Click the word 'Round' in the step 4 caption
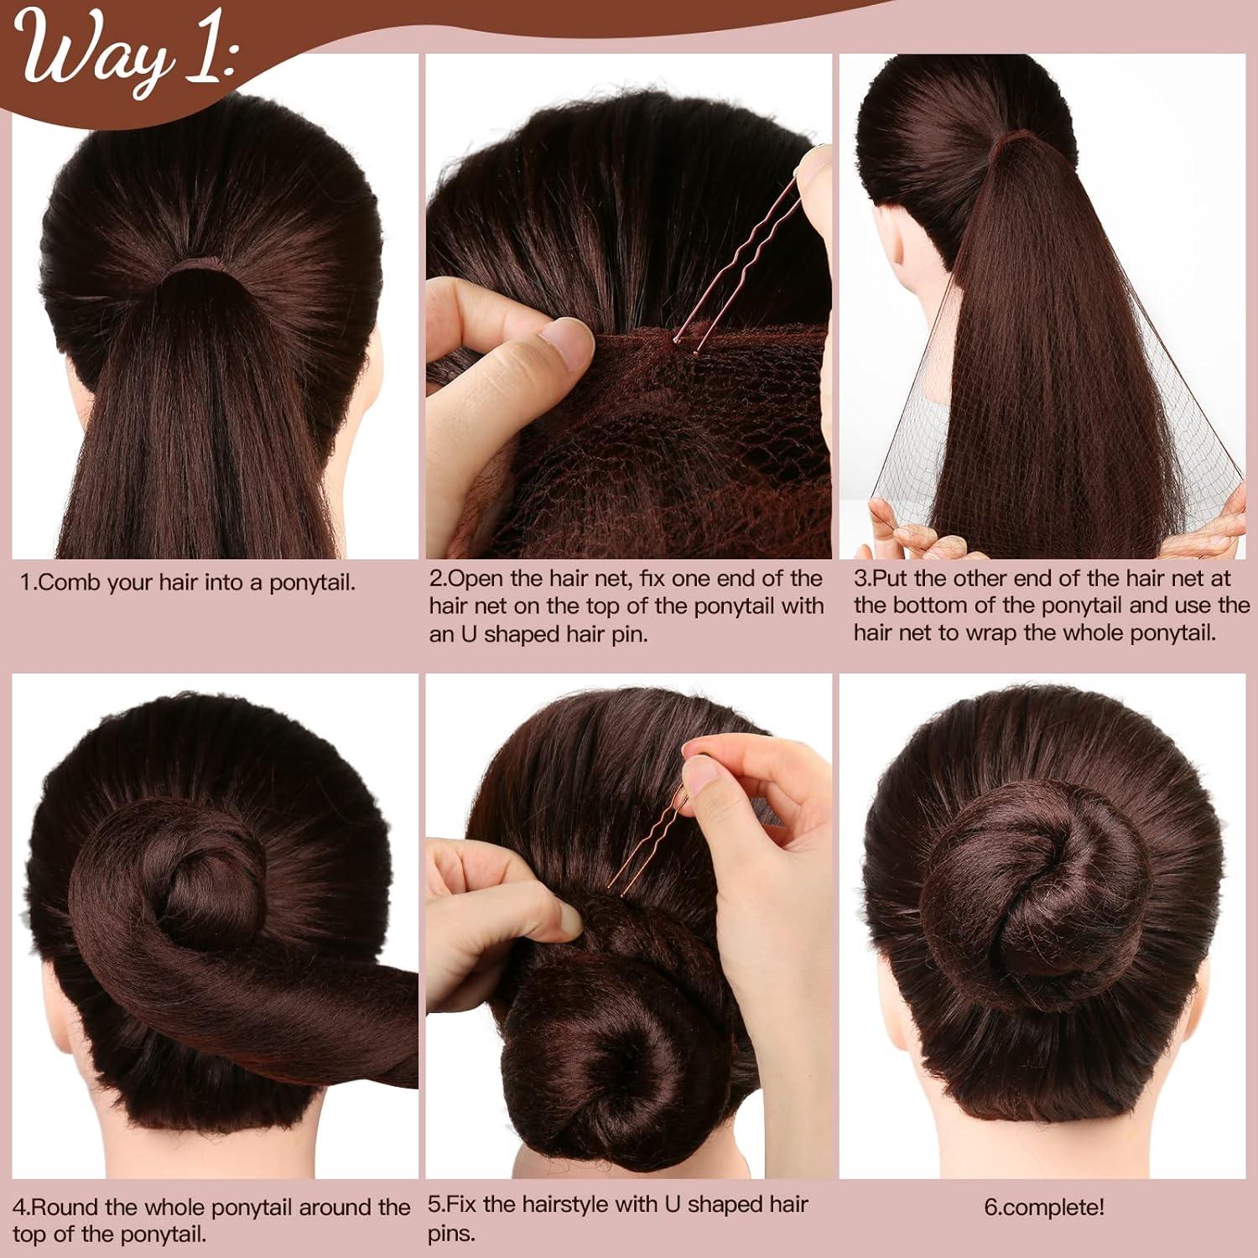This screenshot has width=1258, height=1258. pyautogui.click(x=68, y=1208)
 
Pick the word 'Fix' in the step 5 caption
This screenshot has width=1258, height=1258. pyautogui.click(x=462, y=1205)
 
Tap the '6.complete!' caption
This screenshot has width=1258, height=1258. pyautogui.click(x=1044, y=1208)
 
